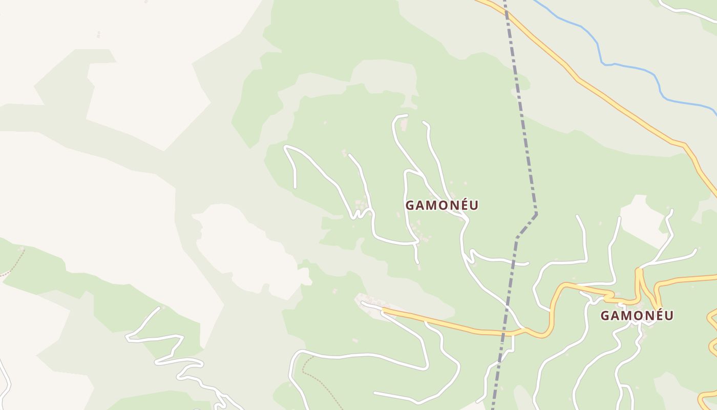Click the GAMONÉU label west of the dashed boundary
click(x=442, y=206)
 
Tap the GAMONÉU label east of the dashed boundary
click(x=637, y=316)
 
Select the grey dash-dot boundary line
click(x=525, y=143)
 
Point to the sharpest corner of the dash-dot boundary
click(x=536, y=213)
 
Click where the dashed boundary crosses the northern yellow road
click(x=506, y=11)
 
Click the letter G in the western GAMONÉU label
click(x=410, y=206)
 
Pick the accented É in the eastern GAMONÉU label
click(x=651, y=315)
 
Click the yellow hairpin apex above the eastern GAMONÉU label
click(x=639, y=270)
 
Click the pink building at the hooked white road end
click(x=404, y=125)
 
